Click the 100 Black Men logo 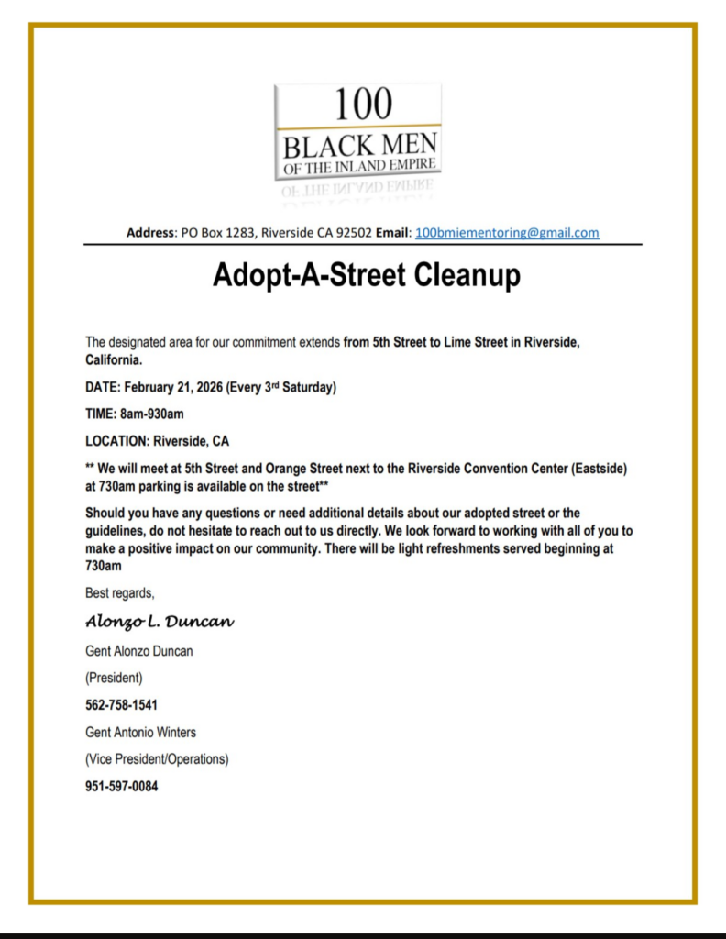[x=357, y=133]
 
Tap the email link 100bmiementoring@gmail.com [x=507, y=233]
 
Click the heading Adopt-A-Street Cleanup [x=367, y=275]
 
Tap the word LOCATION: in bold [x=116, y=440]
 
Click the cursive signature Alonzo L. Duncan [x=159, y=622]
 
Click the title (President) [x=114, y=679]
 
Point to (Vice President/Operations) [x=157, y=759]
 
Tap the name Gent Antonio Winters [x=140, y=733]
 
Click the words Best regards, [x=120, y=592]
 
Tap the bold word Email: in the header [x=393, y=233]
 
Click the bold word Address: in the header [x=151, y=233]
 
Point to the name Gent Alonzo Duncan [x=138, y=652]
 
